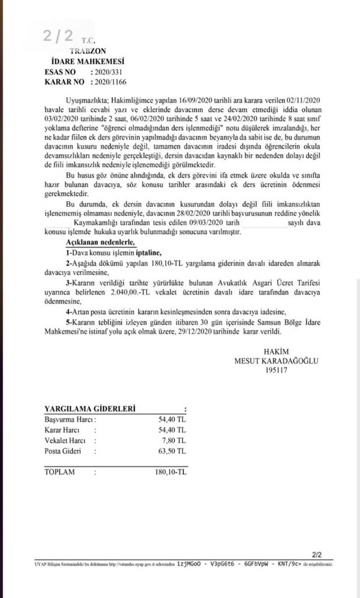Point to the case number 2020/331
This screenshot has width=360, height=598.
[103, 72]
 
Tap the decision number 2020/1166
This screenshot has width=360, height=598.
[106, 82]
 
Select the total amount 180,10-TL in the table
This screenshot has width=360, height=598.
[167, 472]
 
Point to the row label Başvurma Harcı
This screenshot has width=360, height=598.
[69, 419]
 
